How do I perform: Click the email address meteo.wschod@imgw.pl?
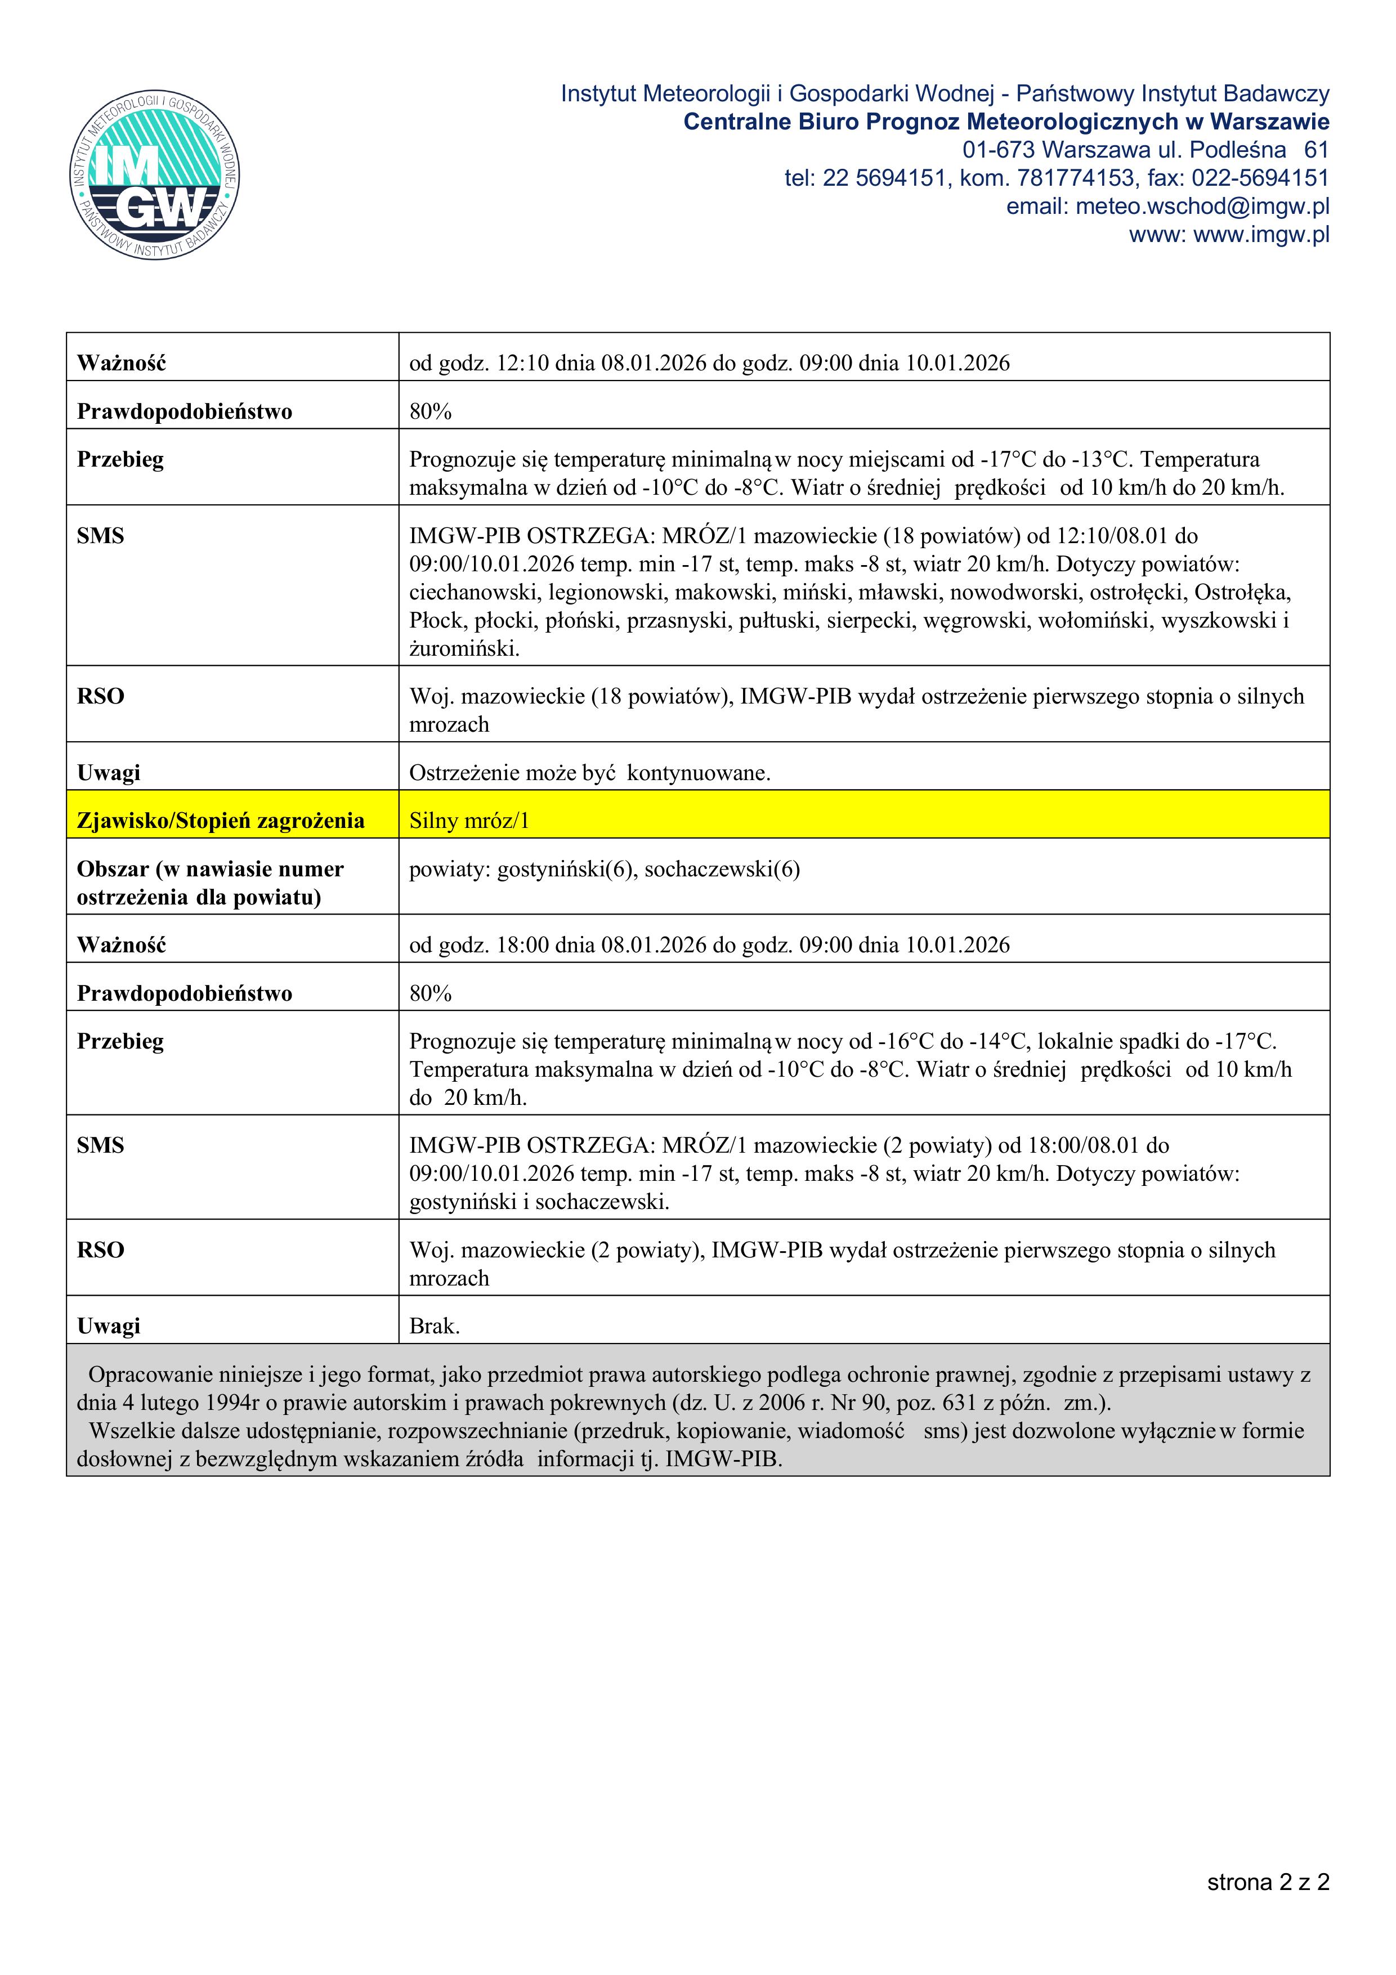1202,207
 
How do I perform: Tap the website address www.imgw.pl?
1261,235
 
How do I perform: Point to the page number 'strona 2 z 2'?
1268,1882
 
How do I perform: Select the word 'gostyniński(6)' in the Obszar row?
566,869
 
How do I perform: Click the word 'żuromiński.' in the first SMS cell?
464,648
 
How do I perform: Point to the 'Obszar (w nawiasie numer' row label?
210,869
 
